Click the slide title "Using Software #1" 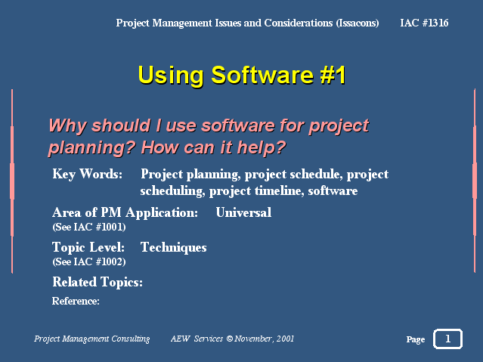[x=242, y=75]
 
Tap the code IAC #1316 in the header [x=424, y=23]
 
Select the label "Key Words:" [x=88, y=175]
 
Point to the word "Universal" [x=243, y=212]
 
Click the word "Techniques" [x=174, y=248]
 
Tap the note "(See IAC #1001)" [x=89, y=227]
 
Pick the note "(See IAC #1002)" [x=89, y=262]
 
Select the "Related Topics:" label [x=98, y=282]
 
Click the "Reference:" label [x=76, y=301]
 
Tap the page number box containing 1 [x=448, y=339]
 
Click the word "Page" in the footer [x=416, y=340]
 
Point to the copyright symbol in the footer [x=230, y=339]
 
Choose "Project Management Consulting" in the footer [x=91, y=339]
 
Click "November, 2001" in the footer [x=265, y=339]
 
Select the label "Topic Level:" [x=88, y=247]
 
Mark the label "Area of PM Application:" [x=125, y=212]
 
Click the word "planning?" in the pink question [x=91, y=148]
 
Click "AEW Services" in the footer [x=197, y=339]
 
